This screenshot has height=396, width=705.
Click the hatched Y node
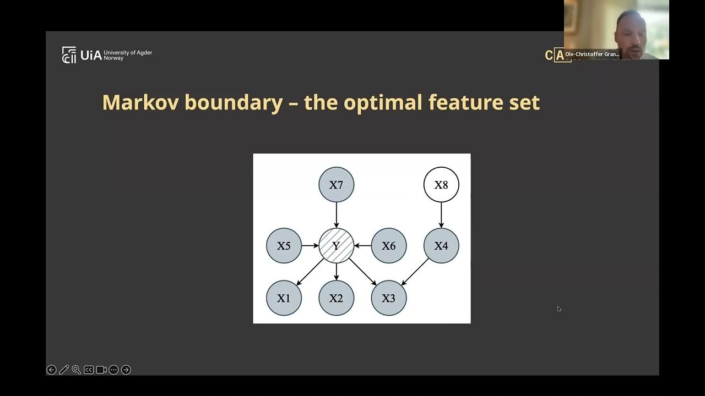click(x=336, y=246)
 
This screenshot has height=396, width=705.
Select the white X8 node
click(x=441, y=185)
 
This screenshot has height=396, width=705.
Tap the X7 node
click(x=336, y=185)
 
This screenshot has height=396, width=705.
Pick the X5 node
click(x=284, y=246)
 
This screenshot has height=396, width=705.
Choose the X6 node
click(x=389, y=246)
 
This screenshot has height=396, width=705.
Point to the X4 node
click(x=441, y=246)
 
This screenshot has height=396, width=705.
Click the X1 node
click(x=284, y=298)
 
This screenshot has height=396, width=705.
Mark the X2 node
click(x=336, y=298)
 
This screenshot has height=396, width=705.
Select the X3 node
click(x=389, y=298)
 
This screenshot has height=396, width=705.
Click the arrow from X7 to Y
click(x=336, y=215)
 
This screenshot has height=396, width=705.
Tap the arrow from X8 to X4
click(x=441, y=215)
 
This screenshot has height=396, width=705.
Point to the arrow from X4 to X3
click(x=415, y=272)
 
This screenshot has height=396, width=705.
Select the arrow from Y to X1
click(x=310, y=272)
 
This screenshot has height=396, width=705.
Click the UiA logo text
click(x=91, y=55)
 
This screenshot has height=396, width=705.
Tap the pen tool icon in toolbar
click(x=64, y=370)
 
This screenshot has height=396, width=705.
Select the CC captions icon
click(x=89, y=370)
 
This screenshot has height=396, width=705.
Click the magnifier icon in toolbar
click(x=77, y=370)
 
